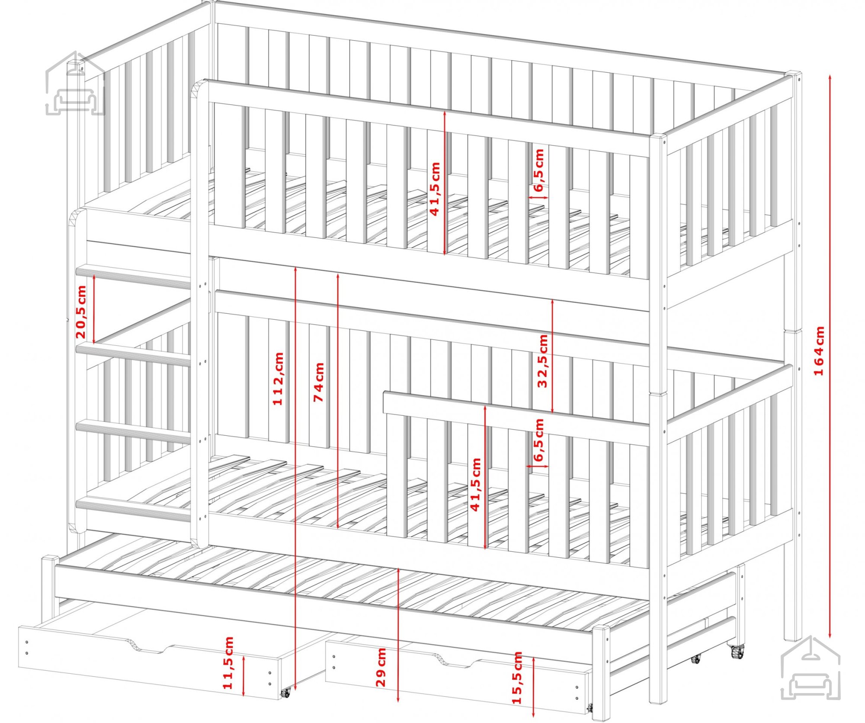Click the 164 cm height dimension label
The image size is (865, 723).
[x=819, y=351]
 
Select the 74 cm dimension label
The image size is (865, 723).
[x=318, y=382]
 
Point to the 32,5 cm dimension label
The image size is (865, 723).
[x=542, y=361]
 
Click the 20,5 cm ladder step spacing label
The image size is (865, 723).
[x=81, y=312]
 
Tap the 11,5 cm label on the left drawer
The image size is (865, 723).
[x=227, y=662]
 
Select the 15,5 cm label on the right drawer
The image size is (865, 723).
[x=517, y=678]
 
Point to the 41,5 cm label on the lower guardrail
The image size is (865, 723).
[x=475, y=485]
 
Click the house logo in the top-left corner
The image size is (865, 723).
[x=75, y=83]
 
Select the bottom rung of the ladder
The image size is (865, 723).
[x=133, y=509]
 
